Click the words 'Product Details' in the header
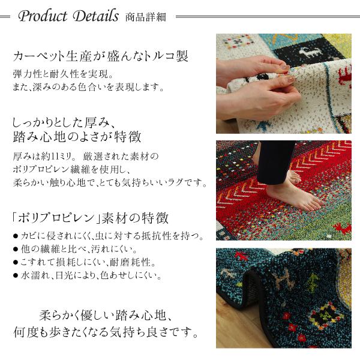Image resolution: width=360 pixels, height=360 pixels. (x=68, y=16)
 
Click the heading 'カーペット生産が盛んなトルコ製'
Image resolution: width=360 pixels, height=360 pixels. (x=101, y=58)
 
